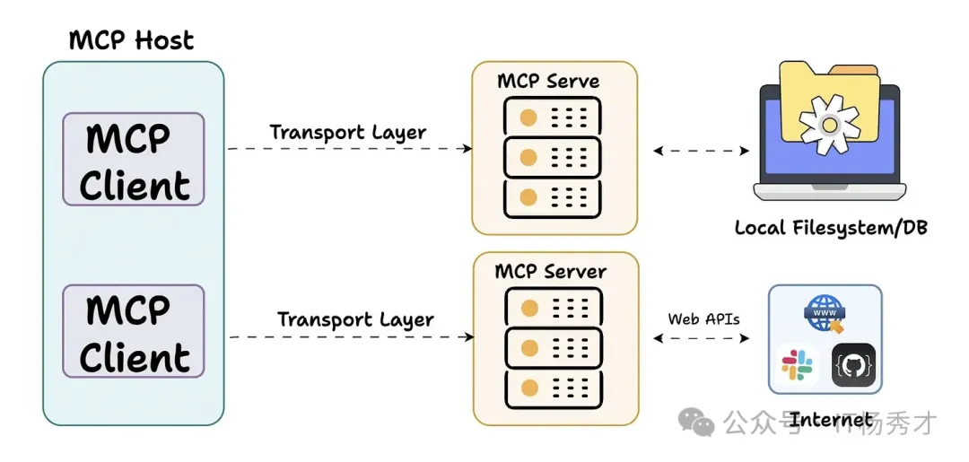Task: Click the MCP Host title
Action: click(131, 39)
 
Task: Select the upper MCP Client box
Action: click(134, 160)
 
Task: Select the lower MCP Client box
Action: click(134, 331)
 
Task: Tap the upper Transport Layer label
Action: click(348, 132)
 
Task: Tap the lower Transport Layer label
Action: click(355, 319)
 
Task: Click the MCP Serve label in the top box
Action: click(548, 81)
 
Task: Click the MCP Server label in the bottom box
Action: click(551, 271)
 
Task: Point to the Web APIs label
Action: click(702, 318)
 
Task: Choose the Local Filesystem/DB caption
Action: click(831, 228)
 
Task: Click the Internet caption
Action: click(831, 419)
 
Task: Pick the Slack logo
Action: click(797, 364)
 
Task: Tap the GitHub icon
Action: click(853, 365)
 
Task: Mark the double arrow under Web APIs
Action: click(702, 338)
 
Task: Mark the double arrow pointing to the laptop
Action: click(702, 151)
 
